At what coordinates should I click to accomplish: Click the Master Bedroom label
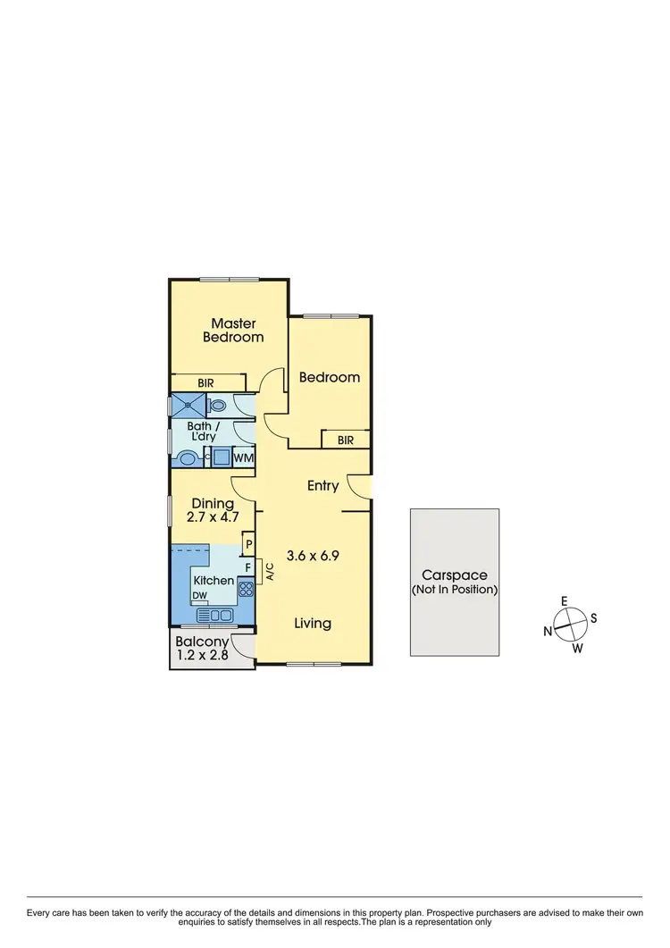pyautogui.click(x=233, y=331)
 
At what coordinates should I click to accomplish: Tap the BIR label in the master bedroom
pyautogui.click(x=206, y=382)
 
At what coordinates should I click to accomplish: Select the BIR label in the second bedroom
pyautogui.click(x=346, y=440)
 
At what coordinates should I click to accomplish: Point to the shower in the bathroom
pyautogui.click(x=189, y=405)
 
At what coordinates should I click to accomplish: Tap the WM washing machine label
pyautogui.click(x=244, y=458)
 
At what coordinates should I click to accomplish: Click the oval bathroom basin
pyautogui.click(x=188, y=459)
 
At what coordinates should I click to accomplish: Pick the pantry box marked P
pyautogui.click(x=248, y=543)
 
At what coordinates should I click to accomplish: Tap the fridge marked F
pyautogui.click(x=247, y=567)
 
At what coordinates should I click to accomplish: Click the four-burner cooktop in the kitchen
pyautogui.click(x=246, y=589)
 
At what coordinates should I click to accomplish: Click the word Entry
pyautogui.click(x=322, y=486)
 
